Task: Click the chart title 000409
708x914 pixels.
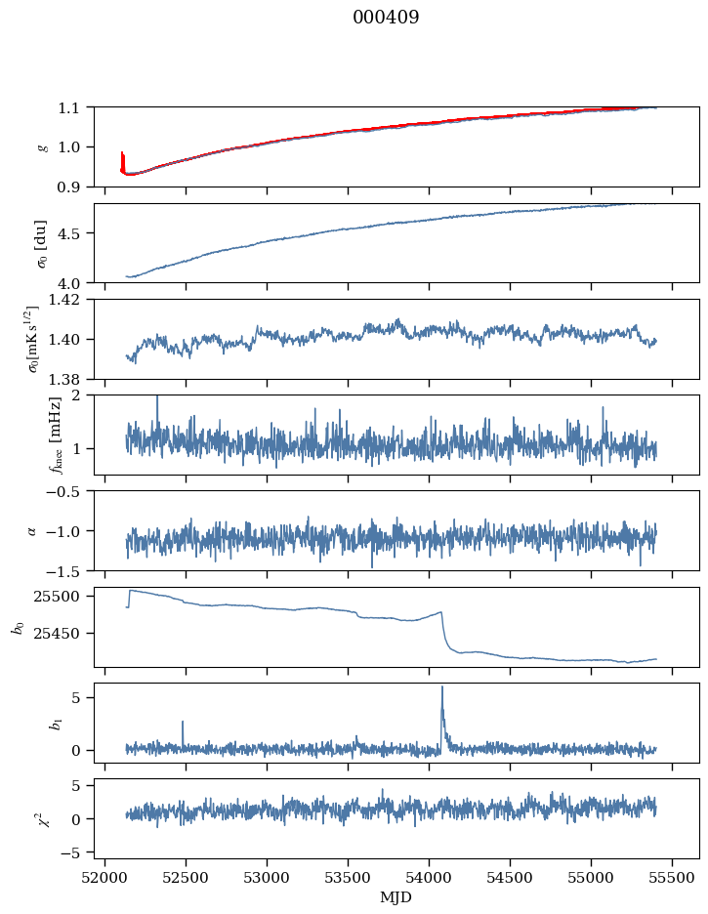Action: pos(386,18)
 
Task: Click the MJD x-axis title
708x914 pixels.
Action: pos(396,897)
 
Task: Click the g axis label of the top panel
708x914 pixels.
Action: pos(42,146)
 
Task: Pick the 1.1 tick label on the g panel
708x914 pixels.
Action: pos(75,107)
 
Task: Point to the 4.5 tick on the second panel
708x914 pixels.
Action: pos(75,233)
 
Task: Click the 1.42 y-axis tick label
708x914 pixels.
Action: pos(70,300)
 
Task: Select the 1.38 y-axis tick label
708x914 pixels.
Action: pos(70,378)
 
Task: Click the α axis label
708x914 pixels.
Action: pos(32,530)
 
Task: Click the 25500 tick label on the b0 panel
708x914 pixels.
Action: pos(62,596)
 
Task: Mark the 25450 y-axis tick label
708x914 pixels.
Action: pos(62,633)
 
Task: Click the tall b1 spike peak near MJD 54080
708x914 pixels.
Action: pos(441,687)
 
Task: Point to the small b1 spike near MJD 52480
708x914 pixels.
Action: pos(183,723)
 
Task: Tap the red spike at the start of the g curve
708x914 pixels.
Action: pos(121,154)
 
